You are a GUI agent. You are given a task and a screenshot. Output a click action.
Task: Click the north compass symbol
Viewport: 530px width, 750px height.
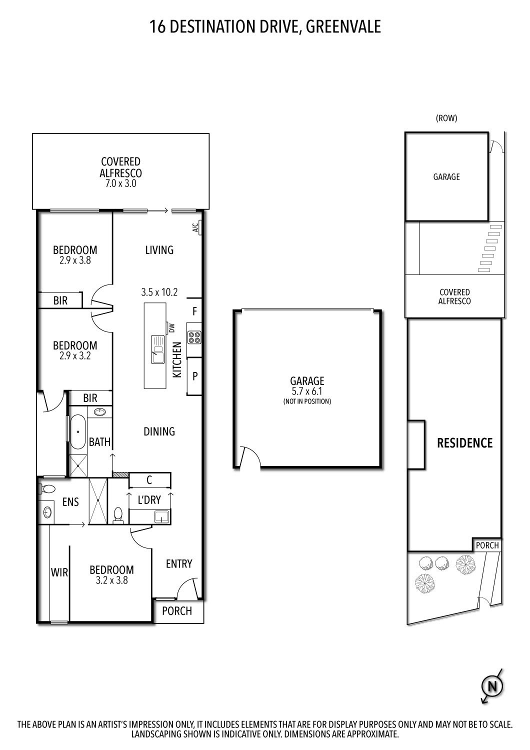tap(492, 686)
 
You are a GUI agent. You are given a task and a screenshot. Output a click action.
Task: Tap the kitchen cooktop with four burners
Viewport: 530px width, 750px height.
tap(194, 337)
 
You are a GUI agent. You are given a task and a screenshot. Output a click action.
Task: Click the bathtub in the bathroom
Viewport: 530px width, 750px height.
tap(77, 431)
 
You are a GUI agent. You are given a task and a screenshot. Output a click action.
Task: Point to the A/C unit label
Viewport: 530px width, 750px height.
tap(195, 228)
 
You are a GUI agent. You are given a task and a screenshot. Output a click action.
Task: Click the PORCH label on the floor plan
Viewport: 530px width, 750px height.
tap(177, 611)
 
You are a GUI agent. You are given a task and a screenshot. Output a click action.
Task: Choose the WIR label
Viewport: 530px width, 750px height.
tap(59, 572)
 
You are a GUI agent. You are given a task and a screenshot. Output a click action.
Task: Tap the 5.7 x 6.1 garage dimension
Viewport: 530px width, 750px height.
tap(307, 391)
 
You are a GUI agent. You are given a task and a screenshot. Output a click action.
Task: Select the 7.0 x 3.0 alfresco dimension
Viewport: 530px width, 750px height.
tap(120, 183)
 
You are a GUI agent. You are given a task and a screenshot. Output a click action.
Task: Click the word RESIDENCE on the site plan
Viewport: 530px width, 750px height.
tap(464, 443)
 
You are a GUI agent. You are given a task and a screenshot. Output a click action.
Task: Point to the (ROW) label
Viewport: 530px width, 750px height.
tap(446, 118)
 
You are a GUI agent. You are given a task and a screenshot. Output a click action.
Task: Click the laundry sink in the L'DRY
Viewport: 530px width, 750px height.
tap(162, 516)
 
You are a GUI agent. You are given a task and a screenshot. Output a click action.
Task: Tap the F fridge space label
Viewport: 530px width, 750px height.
tap(195, 311)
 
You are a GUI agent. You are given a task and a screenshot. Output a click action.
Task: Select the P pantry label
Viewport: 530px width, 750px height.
tap(195, 376)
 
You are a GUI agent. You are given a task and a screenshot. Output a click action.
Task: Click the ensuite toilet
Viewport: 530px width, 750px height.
tap(48, 488)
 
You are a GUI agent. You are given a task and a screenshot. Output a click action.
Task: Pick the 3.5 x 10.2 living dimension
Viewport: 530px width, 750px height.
tap(159, 292)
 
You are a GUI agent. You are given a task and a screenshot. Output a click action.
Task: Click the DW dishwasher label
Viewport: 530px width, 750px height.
tap(172, 328)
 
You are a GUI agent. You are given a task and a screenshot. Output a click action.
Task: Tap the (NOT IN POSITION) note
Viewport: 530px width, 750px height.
tap(307, 401)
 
